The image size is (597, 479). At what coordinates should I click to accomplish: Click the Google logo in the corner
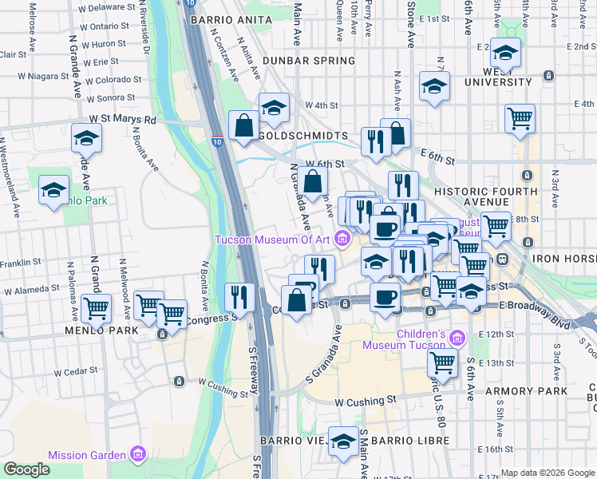click(26, 469)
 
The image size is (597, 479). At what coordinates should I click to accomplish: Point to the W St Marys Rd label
click(122, 119)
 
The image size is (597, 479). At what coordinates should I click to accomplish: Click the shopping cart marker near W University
click(520, 118)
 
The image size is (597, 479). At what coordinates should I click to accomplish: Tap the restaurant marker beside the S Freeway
click(239, 298)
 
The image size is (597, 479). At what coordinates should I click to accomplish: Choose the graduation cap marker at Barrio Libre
click(344, 441)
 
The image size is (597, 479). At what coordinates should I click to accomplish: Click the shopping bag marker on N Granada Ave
click(314, 180)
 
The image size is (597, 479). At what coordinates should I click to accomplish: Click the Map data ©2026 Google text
click(548, 473)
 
